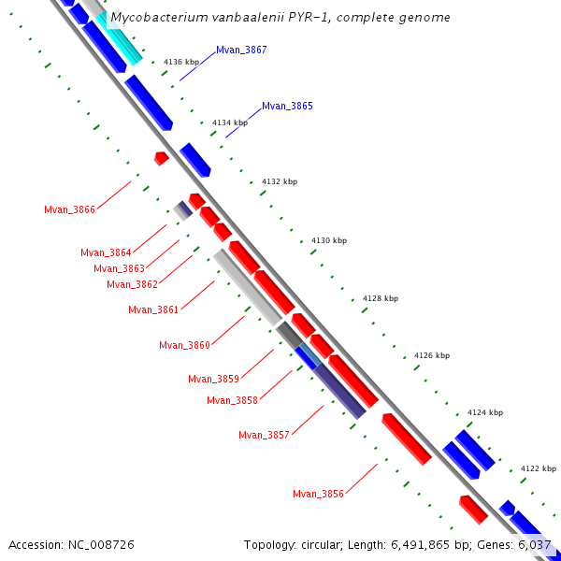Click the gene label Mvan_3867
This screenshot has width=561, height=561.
pyautogui.click(x=241, y=50)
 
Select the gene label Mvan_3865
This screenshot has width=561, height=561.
pyautogui.click(x=287, y=106)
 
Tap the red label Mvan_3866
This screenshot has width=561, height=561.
pyautogui.click(x=69, y=209)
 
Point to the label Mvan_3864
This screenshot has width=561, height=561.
pyautogui.click(x=106, y=252)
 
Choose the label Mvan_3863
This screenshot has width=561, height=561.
pyautogui.click(x=119, y=268)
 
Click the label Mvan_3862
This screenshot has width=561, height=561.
pyautogui.click(x=132, y=284)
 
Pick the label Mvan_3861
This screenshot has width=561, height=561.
pyautogui.click(x=153, y=309)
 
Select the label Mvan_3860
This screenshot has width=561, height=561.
pyautogui.click(x=184, y=345)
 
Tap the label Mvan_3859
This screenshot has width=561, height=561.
pyautogui.click(x=213, y=379)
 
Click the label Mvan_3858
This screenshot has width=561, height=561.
pyautogui.click(x=232, y=400)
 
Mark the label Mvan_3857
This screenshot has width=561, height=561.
pyautogui.click(x=264, y=435)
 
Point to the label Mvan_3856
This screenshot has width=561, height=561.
pyautogui.click(x=318, y=494)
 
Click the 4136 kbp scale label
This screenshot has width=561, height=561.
pyautogui.click(x=181, y=62)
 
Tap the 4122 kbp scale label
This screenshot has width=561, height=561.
pyautogui.click(x=539, y=468)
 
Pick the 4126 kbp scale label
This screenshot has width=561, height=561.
pyautogui.click(x=432, y=355)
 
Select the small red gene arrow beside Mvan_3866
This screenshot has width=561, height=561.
pyautogui.click(x=161, y=158)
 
